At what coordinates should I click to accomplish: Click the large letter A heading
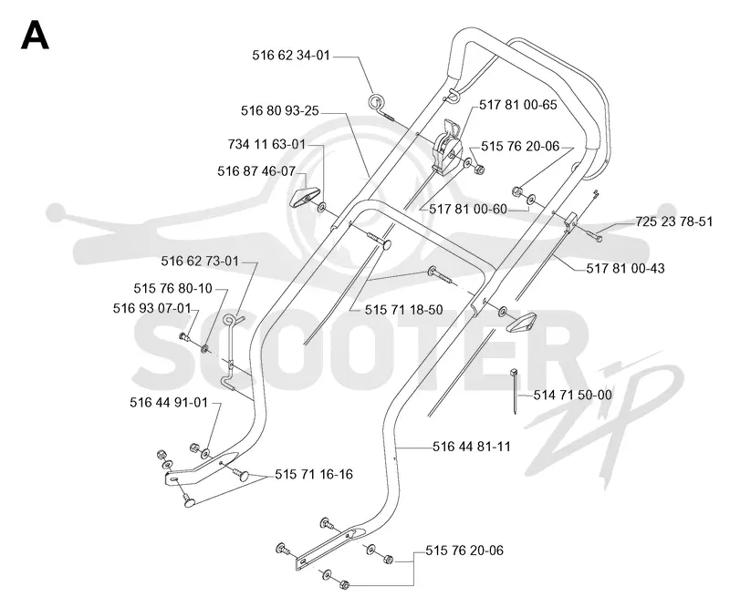35,36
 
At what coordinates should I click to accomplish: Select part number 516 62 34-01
291,56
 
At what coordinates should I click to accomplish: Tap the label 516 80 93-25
280,110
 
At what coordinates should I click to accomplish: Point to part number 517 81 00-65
518,105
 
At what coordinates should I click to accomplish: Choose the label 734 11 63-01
266,145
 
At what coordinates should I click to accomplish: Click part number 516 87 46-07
256,171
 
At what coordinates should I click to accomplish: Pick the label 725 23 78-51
674,221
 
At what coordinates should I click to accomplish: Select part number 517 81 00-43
625,268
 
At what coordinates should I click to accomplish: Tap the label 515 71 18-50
403,310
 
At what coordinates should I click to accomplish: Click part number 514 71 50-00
573,395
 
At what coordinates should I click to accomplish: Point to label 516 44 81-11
472,447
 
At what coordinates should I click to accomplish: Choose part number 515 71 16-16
314,475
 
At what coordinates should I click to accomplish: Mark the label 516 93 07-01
152,308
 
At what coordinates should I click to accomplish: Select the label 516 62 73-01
200,262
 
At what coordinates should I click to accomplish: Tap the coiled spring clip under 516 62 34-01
376,102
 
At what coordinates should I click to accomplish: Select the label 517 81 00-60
468,210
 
